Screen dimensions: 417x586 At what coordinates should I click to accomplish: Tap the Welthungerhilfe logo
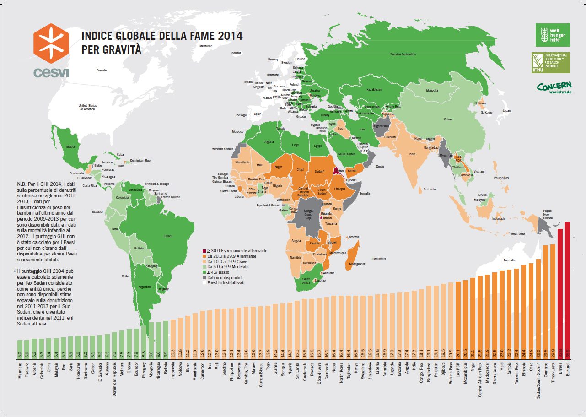[x=553, y=35]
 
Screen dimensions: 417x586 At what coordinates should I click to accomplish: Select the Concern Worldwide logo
[x=554, y=87]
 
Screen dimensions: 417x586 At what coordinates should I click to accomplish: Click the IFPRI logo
[x=550, y=63]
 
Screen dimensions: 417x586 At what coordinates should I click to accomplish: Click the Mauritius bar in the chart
[x=20, y=348]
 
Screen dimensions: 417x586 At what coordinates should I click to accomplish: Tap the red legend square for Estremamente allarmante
[x=204, y=251]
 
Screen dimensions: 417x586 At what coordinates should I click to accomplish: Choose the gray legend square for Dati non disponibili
[x=204, y=277]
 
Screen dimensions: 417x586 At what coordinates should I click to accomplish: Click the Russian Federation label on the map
[x=403, y=54]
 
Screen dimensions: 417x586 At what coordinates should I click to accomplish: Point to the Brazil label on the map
[x=168, y=236]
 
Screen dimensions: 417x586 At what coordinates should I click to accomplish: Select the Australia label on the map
[x=509, y=260]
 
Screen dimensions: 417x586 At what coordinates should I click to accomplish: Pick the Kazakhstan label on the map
[x=374, y=89]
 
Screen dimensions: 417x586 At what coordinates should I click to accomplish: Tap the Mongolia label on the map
[x=432, y=91]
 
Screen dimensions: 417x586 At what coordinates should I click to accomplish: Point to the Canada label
[x=102, y=70]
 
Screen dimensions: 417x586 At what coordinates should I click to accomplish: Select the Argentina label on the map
[x=145, y=287]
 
